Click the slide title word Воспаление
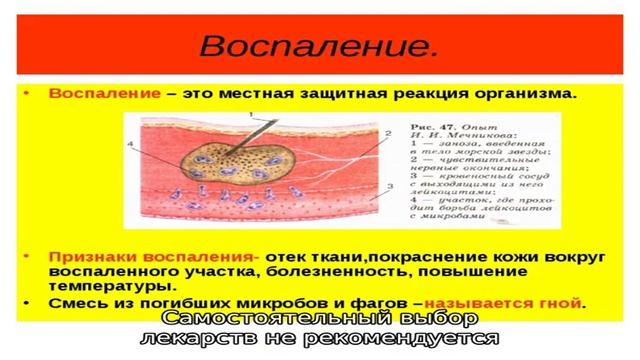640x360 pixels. (x=318, y=45)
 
